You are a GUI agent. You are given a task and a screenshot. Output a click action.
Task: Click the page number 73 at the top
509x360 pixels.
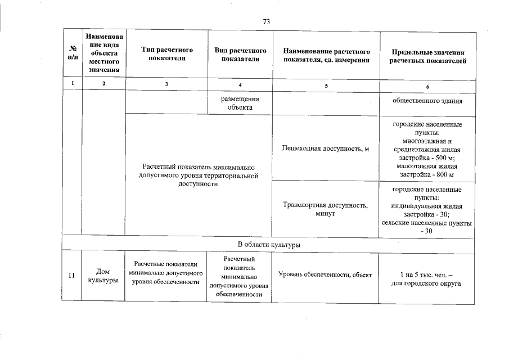[267, 21]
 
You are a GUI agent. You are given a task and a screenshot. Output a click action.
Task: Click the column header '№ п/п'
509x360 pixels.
[72, 55]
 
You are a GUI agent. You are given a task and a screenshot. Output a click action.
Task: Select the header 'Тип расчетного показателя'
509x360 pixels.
[166, 55]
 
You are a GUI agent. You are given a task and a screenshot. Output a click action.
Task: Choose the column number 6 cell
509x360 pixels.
[428, 86]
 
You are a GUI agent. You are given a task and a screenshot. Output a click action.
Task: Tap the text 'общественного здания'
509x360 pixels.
[428, 101]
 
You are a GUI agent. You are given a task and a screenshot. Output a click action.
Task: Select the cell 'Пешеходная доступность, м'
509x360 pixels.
[326, 148]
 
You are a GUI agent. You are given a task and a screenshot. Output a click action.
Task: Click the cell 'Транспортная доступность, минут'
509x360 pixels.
[326, 210]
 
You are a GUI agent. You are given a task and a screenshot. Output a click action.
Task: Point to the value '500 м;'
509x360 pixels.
[444, 158]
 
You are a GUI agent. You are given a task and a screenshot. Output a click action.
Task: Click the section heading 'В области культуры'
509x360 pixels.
[269, 245]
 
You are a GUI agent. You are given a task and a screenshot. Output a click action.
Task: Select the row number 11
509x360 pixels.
[71, 275]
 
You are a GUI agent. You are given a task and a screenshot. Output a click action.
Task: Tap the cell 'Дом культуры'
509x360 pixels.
[103, 276]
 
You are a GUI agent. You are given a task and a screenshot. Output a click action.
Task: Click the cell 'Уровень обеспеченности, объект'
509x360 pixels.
[325, 274]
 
